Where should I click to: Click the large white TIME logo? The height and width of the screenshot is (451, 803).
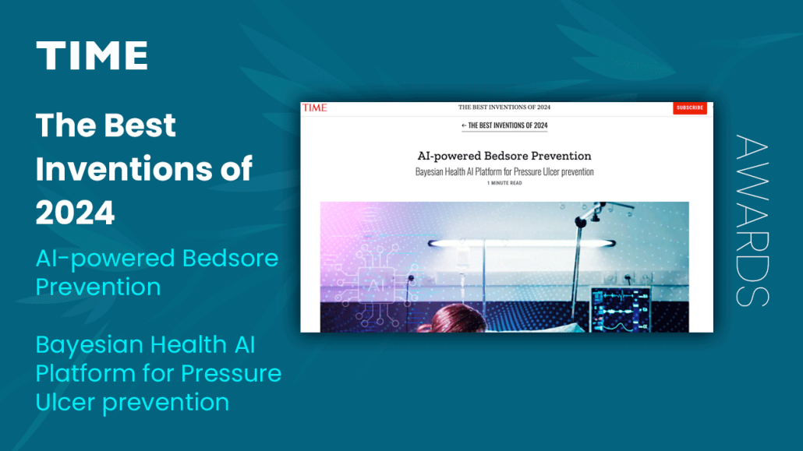[92, 55]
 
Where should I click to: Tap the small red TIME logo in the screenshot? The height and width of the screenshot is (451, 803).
[314, 107]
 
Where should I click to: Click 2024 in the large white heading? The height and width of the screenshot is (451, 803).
[76, 213]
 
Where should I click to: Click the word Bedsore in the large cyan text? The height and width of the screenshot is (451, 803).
[230, 258]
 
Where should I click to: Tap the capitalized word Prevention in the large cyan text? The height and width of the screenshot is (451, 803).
[98, 287]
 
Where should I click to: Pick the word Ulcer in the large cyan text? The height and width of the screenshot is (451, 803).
[65, 403]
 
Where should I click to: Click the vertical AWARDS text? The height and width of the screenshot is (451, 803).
[752, 220]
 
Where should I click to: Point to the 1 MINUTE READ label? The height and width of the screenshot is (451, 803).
[504, 183]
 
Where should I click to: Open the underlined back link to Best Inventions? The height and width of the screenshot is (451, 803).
[504, 125]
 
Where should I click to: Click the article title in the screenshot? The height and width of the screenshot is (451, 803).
[504, 156]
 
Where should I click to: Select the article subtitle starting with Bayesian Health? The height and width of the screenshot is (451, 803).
[504, 171]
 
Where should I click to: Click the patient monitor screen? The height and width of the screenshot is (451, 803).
[621, 310]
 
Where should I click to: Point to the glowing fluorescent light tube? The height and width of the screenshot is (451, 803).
[522, 243]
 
